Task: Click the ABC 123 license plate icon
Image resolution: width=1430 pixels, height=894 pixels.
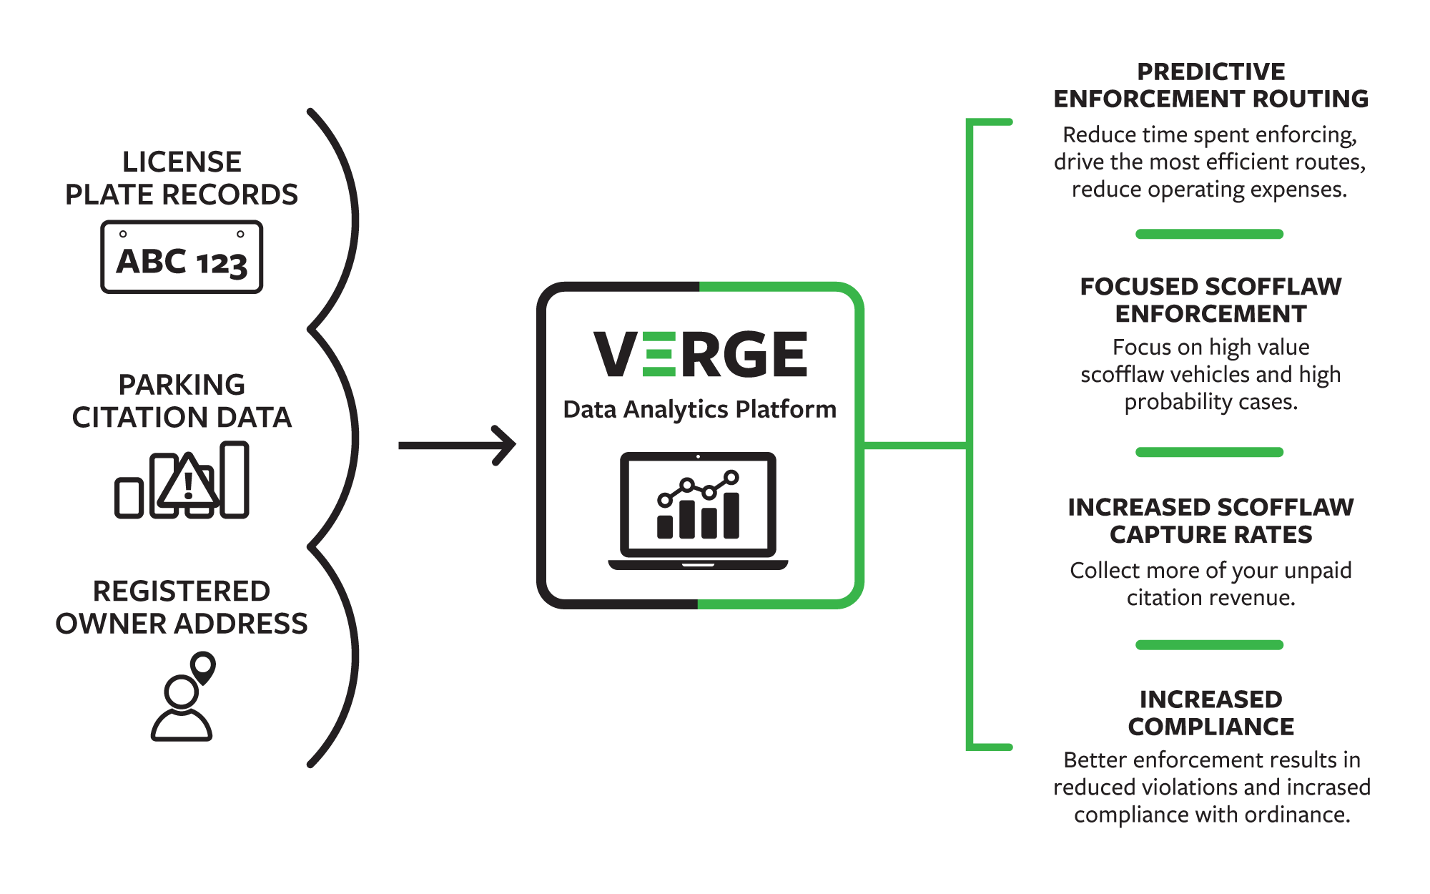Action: [182, 257]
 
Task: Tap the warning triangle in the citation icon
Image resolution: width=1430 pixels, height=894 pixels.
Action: [188, 481]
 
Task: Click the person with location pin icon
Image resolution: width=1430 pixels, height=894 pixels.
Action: [183, 696]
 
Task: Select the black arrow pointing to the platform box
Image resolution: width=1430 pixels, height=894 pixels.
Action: [457, 445]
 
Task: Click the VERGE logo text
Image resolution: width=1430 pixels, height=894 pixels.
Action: [701, 354]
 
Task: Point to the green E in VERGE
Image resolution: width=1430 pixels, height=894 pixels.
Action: [659, 354]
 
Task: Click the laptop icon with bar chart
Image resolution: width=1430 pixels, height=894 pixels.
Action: [698, 511]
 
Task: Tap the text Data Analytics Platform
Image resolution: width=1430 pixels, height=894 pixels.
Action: [699, 409]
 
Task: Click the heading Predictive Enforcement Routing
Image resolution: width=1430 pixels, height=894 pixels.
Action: [1210, 85]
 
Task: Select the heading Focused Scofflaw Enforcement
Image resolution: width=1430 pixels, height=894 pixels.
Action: [1210, 300]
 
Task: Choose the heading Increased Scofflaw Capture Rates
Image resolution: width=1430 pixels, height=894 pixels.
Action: [1210, 521]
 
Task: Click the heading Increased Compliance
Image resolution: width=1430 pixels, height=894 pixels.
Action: [1210, 712]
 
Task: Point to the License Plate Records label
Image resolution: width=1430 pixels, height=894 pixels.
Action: [182, 178]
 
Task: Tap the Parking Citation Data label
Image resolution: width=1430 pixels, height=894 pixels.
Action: [182, 401]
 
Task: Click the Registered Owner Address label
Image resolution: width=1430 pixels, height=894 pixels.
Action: [182, 607]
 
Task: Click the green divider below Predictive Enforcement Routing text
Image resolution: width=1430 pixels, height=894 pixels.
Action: [1210, 234]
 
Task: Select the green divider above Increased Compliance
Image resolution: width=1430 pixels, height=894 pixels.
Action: [1210, 645]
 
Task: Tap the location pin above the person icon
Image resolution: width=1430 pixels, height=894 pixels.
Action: [203, 667]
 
